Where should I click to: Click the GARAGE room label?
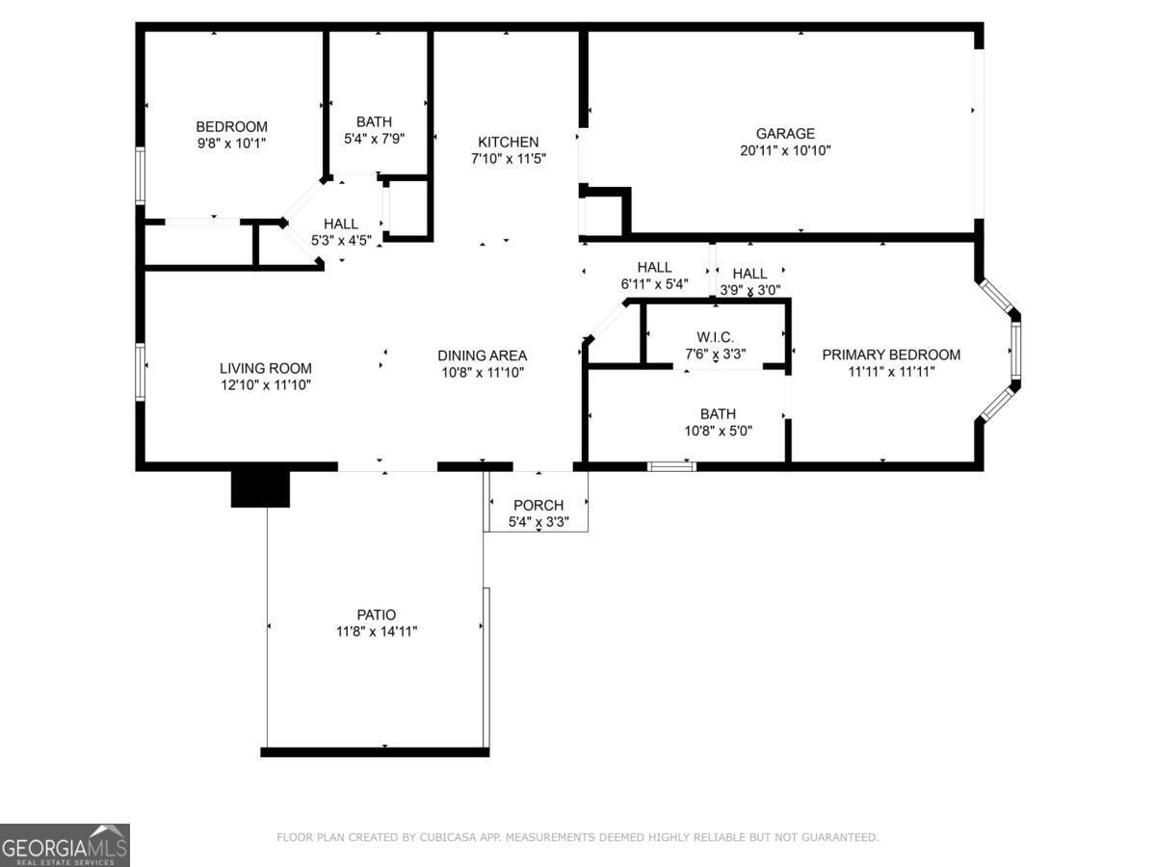[785, 134]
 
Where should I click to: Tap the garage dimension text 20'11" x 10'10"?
[785, 150]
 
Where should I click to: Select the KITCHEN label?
[508, 142]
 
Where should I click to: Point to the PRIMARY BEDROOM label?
[891, 355]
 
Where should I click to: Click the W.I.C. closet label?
[715, 336]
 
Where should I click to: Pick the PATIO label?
[376, 615]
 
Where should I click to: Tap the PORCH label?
[538, 505]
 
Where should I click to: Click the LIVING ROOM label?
[266, 368]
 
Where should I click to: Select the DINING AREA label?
[482, 355]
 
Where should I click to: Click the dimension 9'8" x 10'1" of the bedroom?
[231, 143]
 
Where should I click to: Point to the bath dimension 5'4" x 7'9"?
[374, 138]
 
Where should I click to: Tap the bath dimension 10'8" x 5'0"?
[718, 431]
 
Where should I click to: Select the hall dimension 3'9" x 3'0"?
[749, 289]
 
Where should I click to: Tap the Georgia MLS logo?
[65, 845]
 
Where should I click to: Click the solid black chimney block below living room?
[260, 487]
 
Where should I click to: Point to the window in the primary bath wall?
[671, 466]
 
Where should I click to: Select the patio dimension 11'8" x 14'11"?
[376, 632]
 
